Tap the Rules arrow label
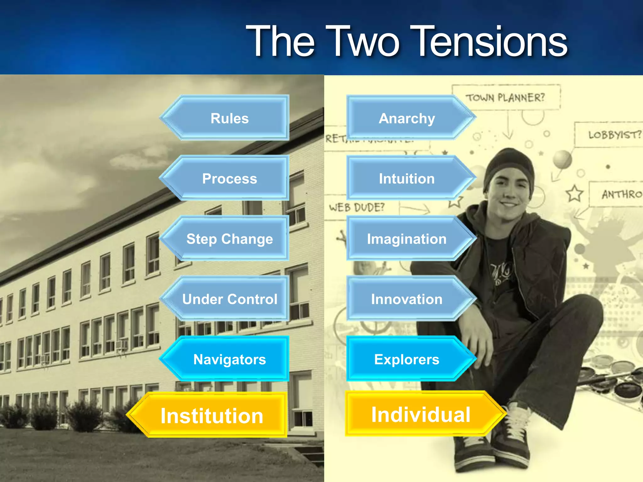point(230,118)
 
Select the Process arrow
point(230,179)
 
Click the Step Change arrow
point(230,239)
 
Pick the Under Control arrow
point(230,299)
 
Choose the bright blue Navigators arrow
point(230,359)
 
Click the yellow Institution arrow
point(212,415)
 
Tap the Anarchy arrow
point(407,118)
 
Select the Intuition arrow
point(407,179)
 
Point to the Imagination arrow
point(407,239)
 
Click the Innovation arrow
point(407,299)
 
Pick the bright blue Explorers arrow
point(407,359)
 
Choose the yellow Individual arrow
point(421,414)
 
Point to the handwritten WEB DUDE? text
point(357,207)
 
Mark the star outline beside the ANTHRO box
point(575,193)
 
